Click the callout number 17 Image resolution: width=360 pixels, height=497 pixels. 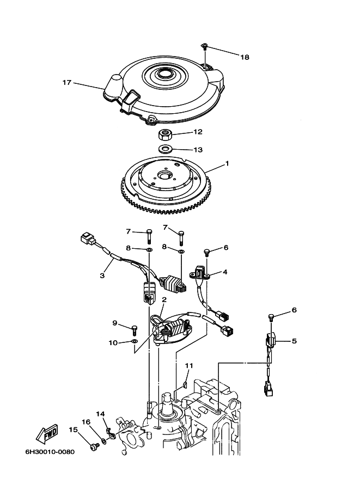[66, 83]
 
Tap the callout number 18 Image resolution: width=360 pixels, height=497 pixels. [245, 57]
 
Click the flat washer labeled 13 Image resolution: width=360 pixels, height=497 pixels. [164, 148]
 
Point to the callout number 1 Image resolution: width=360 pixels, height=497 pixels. [227, 163]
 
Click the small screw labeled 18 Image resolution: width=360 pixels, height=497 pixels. [205, 47]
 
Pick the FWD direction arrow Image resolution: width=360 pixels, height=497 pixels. [47, 433]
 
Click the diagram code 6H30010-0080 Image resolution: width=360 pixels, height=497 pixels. [50, 452]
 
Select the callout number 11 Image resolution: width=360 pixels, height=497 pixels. [189, 366]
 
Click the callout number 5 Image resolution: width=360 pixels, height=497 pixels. [294, 341]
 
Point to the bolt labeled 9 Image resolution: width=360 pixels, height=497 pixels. [134, 330]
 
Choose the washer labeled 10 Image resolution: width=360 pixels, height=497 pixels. [135, 341]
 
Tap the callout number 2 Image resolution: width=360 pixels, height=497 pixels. [164, 299]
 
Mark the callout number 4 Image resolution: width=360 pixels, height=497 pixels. [225, 272]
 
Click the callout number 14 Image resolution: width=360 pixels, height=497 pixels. [101, 414]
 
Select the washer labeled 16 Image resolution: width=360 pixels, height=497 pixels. [103, 440]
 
